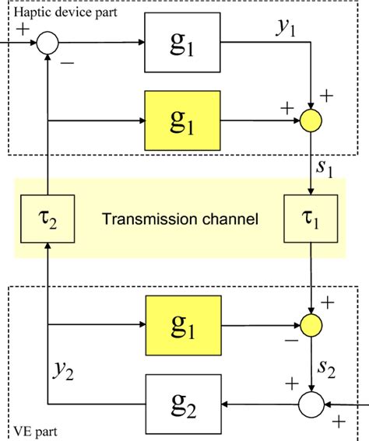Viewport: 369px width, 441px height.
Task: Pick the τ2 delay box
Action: [48, 219]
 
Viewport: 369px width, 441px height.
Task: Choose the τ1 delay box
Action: [312, 219]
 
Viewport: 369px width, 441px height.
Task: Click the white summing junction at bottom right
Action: [312, 404]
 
